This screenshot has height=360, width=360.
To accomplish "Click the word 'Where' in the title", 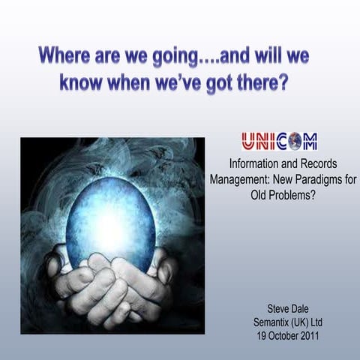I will (x=64, y=57).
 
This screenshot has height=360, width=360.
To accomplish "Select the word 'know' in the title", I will (x=85, y=81).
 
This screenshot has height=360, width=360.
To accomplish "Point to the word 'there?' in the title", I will (x=261, y=81).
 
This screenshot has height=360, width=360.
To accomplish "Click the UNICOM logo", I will (x=279, y=141).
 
